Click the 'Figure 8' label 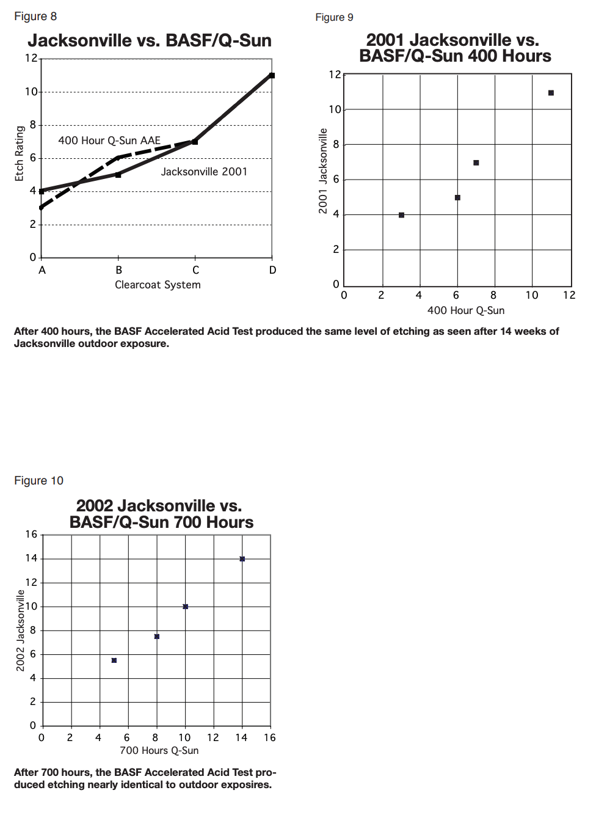tap(35, 16)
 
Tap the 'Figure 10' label tap(38, 481)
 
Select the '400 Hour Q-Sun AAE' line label tap(109, 141)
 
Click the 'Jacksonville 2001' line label tap(204, 172)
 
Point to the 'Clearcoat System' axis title tap(158, 285)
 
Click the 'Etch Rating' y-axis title tap(20, 153)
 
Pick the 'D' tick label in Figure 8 tap(272, 270)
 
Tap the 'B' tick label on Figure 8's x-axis tap(118, 270)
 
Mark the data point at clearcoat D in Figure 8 tap(272, 76)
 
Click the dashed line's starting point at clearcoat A tap(42, 208)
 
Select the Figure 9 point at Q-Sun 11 tap(551, 93)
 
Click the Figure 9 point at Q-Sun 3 tap(401, 215)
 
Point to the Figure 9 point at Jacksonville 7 tap(476, 163)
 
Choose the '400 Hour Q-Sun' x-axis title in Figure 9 tap(466, 310)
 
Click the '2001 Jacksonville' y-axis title tap(323, 171)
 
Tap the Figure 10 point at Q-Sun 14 tap(242, 559)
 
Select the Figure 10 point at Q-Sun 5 tap(114, 660)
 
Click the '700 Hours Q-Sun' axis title tap(159, 750)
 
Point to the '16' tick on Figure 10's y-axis tap(31, 535)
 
